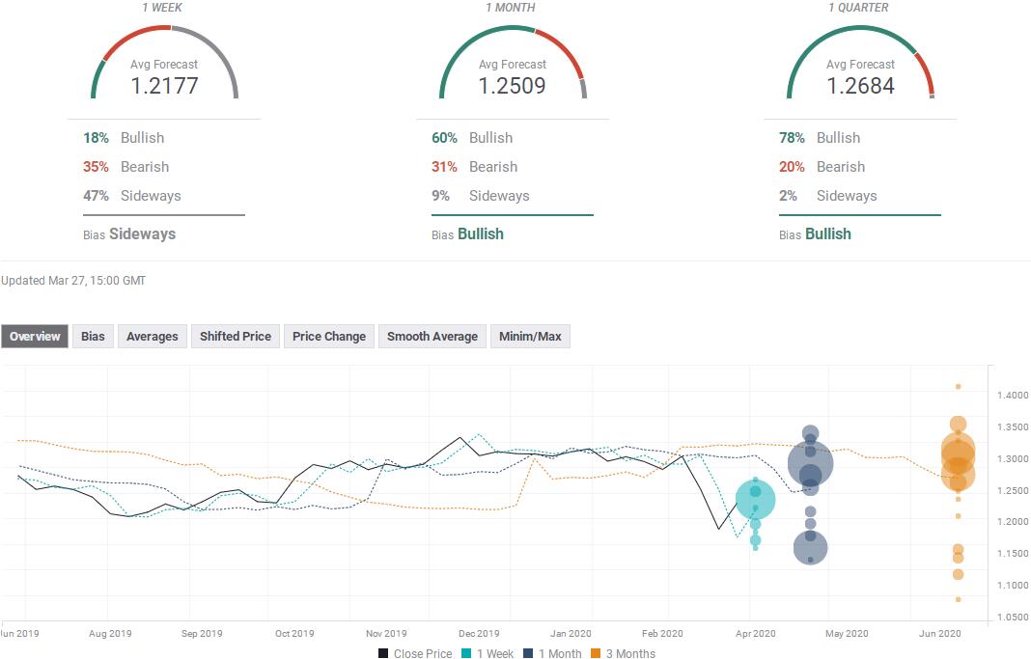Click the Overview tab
[34, 337]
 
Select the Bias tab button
[93, 337]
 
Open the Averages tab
[152, 337]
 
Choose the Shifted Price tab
[236, 337]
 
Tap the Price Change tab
[329, 337]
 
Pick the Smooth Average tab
[432, 337]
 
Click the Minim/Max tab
[530, 337]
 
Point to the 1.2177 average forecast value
[164, 86]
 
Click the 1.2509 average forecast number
[513, 86]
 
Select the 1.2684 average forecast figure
[860, 86]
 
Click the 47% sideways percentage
[96, 196]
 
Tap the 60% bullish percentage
[444, 138]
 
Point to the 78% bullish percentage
[792, 138]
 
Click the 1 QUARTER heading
[858, 7]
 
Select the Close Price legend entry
[415, 653]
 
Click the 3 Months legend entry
[623, 653]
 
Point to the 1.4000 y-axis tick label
[1013, 395]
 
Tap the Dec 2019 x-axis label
[479, 633]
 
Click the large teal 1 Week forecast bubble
[756, 500]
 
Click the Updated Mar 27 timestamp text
[73, 281]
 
